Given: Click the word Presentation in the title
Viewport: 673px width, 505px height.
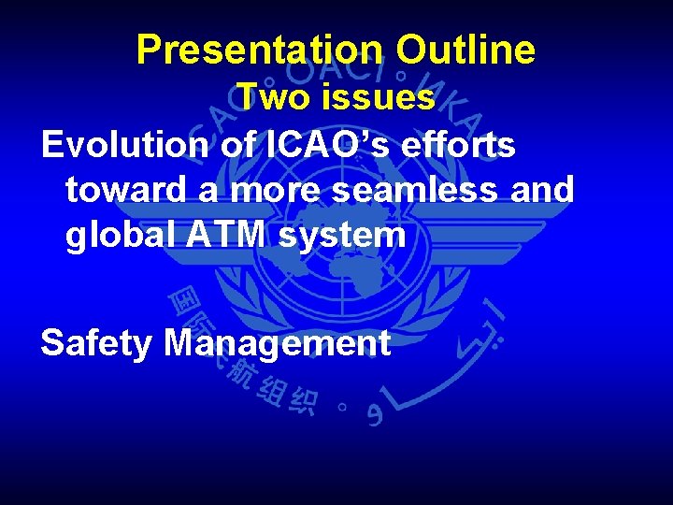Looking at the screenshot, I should [x=259, y=50].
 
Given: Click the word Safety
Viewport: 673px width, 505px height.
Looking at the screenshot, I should [x=96, y=343].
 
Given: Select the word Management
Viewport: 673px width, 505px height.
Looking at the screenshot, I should [x=277, y=345].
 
